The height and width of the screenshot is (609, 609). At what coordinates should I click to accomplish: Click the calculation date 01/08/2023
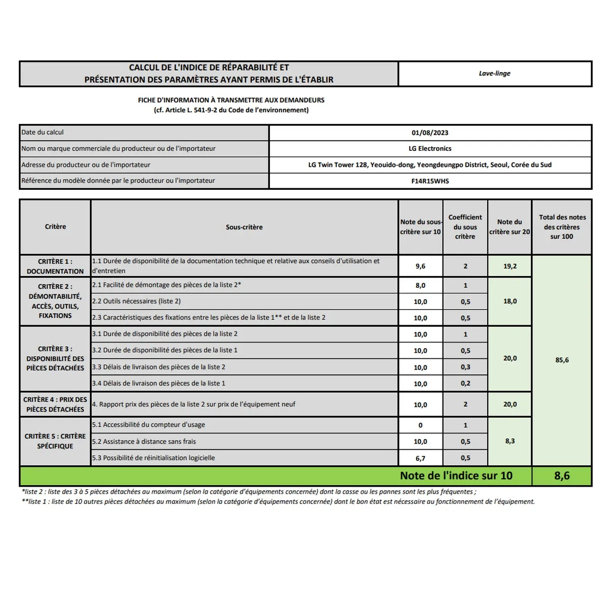pyautogui.click(x=430, y=133)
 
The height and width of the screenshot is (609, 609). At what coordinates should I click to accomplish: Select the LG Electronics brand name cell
pyautogui.click(x=430, y=149)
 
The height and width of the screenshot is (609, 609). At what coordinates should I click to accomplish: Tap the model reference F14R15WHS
pyautogui.click(x=430, y=181)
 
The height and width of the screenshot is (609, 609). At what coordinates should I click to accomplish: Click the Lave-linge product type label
pyautogui.click(x=494, y=74)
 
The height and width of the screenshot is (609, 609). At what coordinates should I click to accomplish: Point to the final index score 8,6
pyautogui.click(x=562, y=476)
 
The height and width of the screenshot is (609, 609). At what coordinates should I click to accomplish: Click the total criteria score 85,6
pyautogui.click(x=562, y=360)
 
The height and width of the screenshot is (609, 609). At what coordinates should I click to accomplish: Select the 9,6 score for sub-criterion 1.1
pyautogui.click(x=420, y=266)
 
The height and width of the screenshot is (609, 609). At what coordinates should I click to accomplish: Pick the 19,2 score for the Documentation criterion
pyautogui.click(x=510, y=266)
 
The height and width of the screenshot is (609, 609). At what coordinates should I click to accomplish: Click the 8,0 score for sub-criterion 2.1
pyautogui.click(x=420, y=286)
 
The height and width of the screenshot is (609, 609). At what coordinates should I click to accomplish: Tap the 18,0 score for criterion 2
pyautogui.click(x=510, y=301)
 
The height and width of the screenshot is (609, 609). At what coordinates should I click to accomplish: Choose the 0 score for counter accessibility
pyautogui.click(x=420, y=425)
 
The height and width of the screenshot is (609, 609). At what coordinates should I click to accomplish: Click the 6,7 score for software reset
pyautogui.click(x=420, y=458)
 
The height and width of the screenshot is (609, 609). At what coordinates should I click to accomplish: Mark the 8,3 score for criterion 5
pyautogui.click(x=510, y=442)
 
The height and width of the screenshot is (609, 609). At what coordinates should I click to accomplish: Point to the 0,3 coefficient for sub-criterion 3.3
pyautogui.click(x=465, y=367)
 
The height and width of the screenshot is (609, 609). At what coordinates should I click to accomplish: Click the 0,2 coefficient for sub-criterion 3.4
pyautogui.click(x=465, y=384)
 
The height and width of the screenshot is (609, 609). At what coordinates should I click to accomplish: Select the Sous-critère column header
pyautogui.click(x=244, y=227)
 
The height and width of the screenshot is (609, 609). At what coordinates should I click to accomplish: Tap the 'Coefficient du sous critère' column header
pyautogui.click(x=465, y=227)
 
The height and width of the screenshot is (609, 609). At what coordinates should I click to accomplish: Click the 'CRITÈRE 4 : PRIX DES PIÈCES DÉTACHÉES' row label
pyautogui.click(x=55, y=404)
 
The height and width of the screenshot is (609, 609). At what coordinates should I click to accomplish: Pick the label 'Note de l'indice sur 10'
pyautogui.click(x=456, y=476)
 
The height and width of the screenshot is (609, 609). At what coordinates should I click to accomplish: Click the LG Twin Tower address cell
pyautogui.click(x=430, y=165)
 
